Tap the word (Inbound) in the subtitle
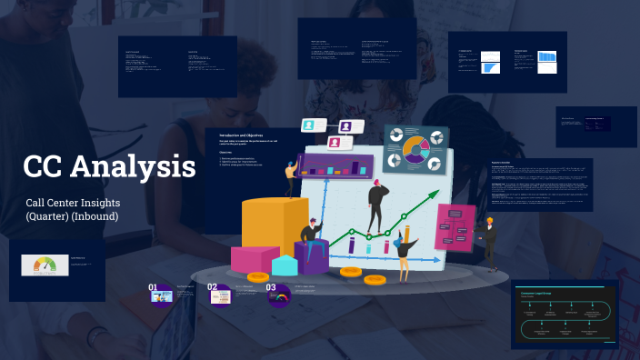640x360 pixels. coord(95,216)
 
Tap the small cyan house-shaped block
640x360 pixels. coord(285,265)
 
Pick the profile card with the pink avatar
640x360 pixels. coord(335,142)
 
